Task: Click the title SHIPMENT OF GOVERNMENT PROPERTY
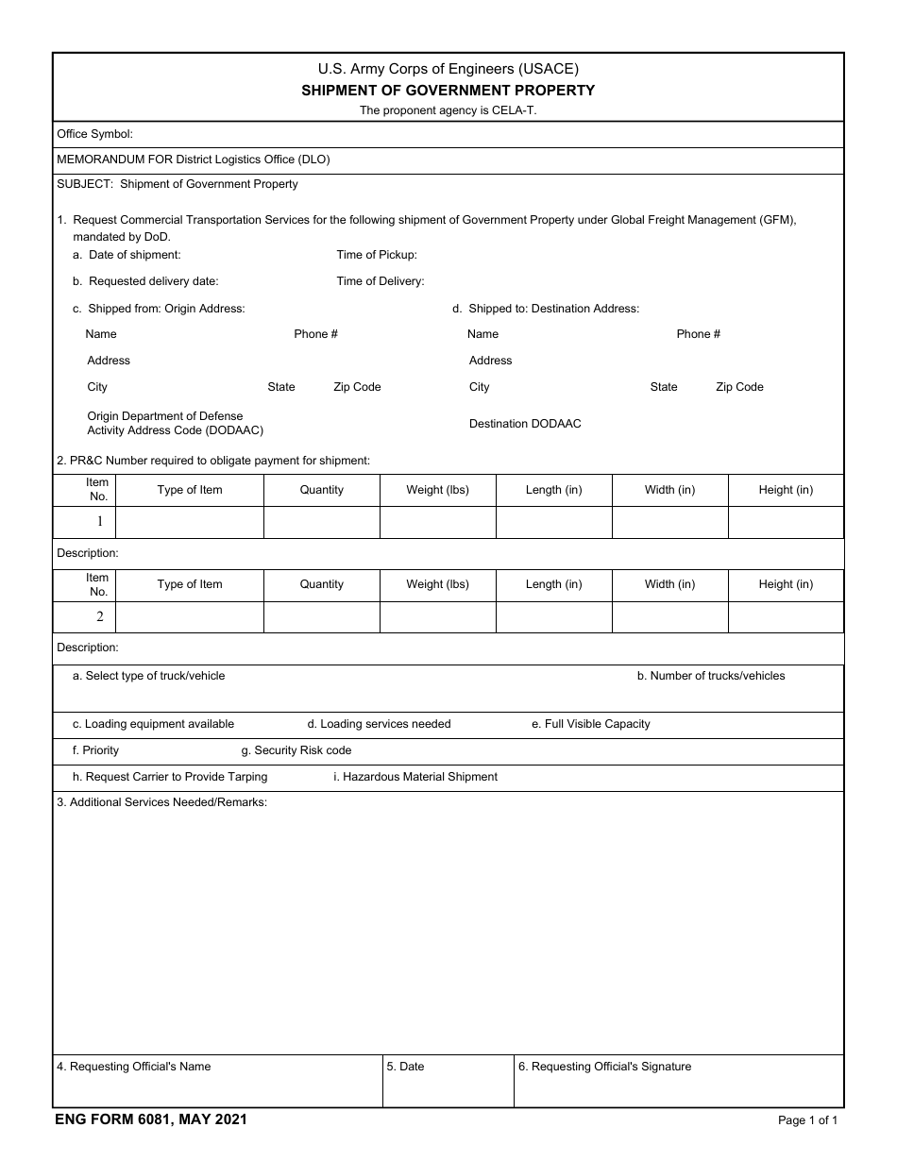(448, 91)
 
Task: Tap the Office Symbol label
(95, 134)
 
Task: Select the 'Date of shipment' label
(134, 255)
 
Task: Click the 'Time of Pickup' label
(377, 255)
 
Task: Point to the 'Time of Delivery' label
(381, 281)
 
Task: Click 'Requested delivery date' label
(153, 281)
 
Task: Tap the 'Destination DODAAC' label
(525, 424)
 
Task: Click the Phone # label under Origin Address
(315, 334)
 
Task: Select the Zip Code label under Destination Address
(739, 387)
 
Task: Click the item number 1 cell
(98, 522)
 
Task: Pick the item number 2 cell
(98, 616)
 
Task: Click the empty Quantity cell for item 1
(321, 522)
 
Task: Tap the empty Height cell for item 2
(786, 616)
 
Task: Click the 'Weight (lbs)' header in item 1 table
(437, 490)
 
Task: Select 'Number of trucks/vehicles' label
(710, 676)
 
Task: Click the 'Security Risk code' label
(296, 750)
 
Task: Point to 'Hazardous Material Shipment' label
(415, 777)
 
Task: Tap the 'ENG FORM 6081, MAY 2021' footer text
(151, 1119)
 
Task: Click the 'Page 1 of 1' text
(807, 1120)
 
